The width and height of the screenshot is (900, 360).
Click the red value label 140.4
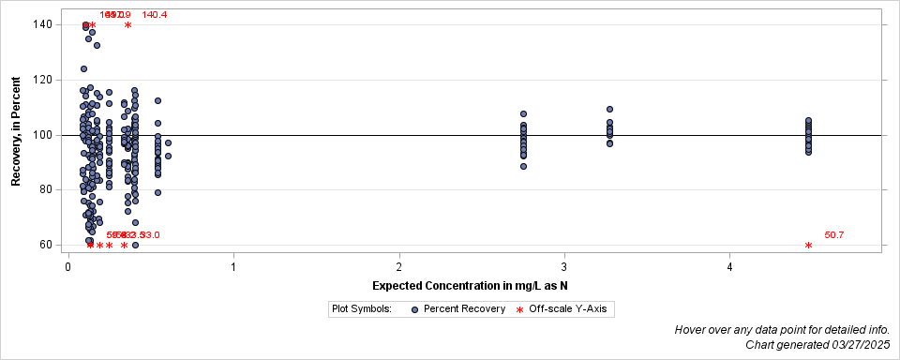155,15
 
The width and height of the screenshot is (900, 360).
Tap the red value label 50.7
834,235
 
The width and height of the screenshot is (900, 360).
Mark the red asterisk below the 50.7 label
808,246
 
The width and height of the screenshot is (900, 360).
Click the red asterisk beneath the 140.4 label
127,25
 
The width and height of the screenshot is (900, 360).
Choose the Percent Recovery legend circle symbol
415,308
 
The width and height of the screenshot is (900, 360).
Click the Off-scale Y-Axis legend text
571,308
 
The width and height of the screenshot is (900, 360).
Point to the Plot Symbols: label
361,308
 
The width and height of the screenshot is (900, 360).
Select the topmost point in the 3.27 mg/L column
609,110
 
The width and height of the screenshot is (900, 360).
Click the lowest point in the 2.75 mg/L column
523,166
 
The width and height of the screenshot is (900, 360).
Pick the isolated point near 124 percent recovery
83,68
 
